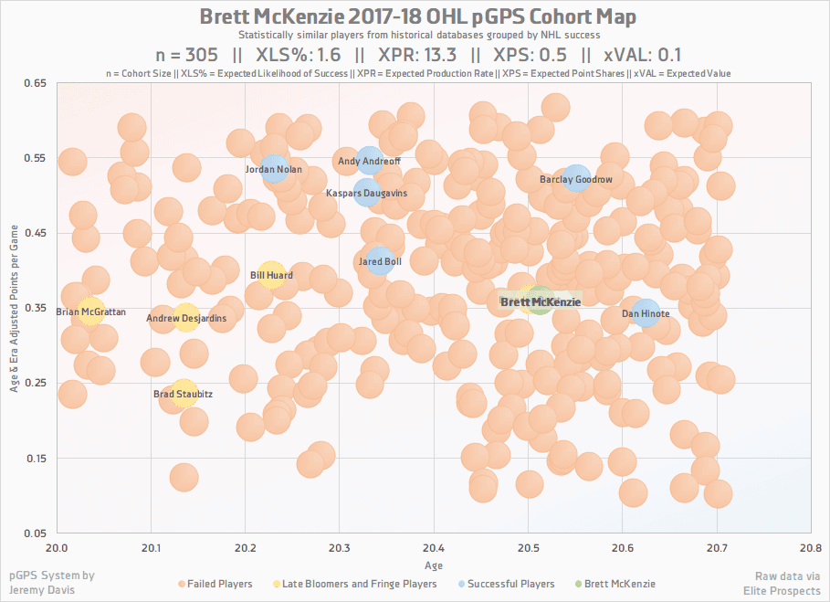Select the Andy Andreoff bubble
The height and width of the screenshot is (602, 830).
tap(369, 161)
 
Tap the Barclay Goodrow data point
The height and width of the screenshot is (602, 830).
tap(576, 178)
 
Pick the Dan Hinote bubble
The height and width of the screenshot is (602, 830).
tap(646, 312)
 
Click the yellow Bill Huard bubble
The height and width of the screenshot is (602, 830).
tap(271, 273)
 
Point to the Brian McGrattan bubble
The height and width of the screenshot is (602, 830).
tap(90, 312)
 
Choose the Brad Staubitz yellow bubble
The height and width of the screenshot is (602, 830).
tap(184, 393)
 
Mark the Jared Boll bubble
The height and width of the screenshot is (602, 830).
tap(379, 261)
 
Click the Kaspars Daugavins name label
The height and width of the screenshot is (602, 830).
tap(367, 194)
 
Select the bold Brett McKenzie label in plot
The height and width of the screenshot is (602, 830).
tap(540, 301)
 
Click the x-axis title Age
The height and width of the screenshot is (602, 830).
tap(433, 565)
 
